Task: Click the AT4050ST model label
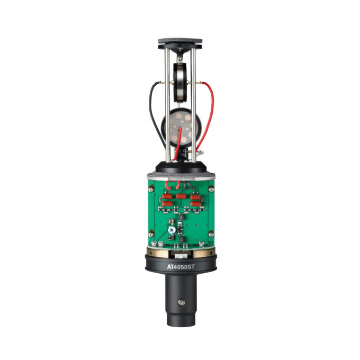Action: (x=181, y=267)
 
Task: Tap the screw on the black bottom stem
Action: (x=182, y=302)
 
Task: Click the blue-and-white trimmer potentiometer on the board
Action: (x=172, y=230)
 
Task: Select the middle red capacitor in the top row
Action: (x=181, y=196)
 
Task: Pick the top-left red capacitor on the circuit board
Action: (x=167, y=196)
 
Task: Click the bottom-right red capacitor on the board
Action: (x=195, y=204)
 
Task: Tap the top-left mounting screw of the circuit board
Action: (x=151, y=189)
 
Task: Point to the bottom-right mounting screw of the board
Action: (x=211, y=234)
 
